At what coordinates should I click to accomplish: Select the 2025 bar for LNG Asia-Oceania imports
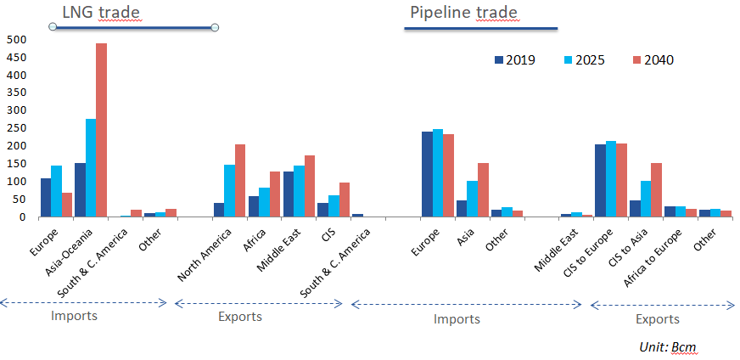click(91, 168)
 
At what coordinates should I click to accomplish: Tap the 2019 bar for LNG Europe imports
click(46, 197)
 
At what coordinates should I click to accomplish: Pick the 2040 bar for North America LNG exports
click(240, 180)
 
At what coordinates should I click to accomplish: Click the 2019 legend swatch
click(499, 60)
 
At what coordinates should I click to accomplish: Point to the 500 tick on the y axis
click(16, 39)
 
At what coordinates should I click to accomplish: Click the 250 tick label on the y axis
click(16, 128)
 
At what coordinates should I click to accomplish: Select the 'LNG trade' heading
click(101, 12)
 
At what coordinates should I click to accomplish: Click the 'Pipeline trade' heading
click(463, 12)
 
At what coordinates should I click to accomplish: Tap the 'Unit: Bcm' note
click(668, 347)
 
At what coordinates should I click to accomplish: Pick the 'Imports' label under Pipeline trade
click(457, 319)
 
